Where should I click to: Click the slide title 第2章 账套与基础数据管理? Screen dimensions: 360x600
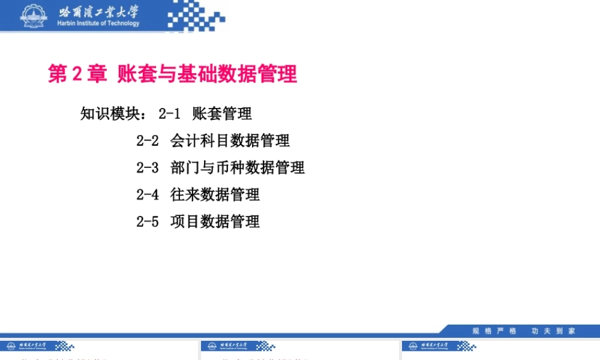pyautogui.click(x=172, y=74)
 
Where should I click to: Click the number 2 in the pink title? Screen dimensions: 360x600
pyautogui.click(x=76, y=74)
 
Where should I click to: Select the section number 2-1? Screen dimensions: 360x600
pyautogui.click(x=170, y=113)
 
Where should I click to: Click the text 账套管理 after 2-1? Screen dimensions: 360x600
pyautogui.click(x=222, y=113)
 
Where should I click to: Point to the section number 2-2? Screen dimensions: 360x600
pyautogui.click(x=148, y=141)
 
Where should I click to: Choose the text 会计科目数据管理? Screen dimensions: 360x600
pyautogui.click(x=230, y=141)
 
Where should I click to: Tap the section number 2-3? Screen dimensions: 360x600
pyautogui.click(x=148, y=168)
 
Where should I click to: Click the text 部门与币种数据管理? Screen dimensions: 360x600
pyautogui.click(x=238, y=168)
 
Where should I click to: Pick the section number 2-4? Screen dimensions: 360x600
pyautogui.click(x=148, y=195)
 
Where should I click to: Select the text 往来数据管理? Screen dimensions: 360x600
pyautogui.click(x=215, y=195)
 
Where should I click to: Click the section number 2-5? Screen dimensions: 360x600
pyautogui.click(x=148, y=222)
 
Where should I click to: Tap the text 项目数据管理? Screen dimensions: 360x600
pyautogui.click(x=215, y=222)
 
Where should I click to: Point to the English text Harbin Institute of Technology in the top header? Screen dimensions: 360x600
pyautogui.click(x=98, y=23)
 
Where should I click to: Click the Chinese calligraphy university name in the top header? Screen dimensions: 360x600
pyautogui.click(x=98, y=12)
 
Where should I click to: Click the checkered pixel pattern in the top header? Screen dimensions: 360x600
pyautogui.click(x=195, y=16)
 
